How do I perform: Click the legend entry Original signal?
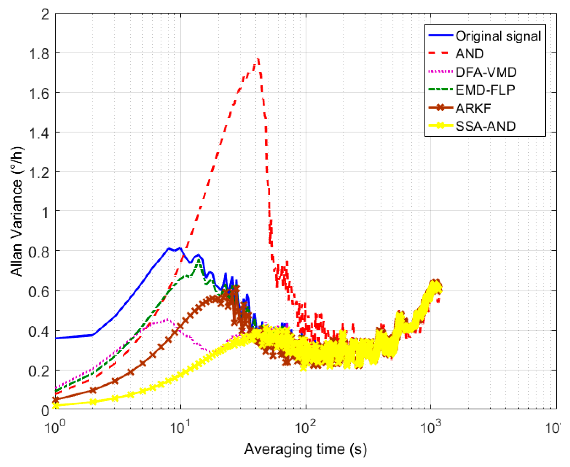pyautogui.click(x=498, y=36)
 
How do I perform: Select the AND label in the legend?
pyautogui.click(x=469, y=54)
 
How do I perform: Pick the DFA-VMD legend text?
pyautogui.click(x=486, y=72)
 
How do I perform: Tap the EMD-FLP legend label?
pyautogui.click(x=485, y=90)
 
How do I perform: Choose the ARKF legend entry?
pyautogui.click(x=473, y=108)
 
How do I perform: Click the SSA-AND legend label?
pyautogui.click(x=485, y=126)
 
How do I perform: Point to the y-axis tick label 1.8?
pyautogui.click(x=39, y=54)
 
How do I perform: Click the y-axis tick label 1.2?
pyautogui.click(x=39, y=172)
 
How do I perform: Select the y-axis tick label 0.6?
pyautogui.click(x=39, y=291)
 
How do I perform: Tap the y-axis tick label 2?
pyautogui.click(x=45, y=14)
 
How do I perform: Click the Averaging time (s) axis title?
pyautogui.click(x=305, y=449)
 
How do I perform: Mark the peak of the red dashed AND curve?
pyautogui.click(x=258, y=59)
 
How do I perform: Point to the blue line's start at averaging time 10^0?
pyautogui.click(x=56, y=338)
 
